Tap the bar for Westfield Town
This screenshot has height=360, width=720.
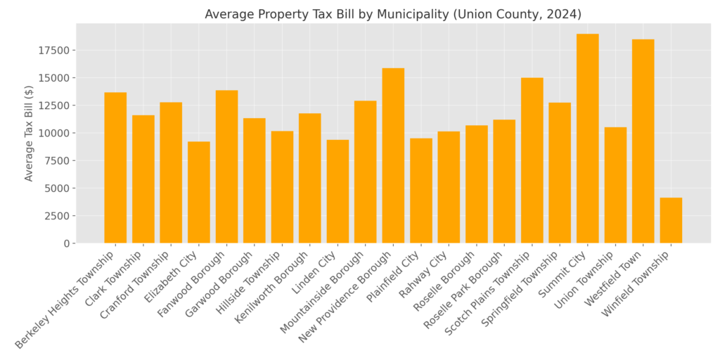pyautogui.click(x=643, y=141)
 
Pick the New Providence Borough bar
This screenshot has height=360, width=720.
pyautogui.click(x=393, y=155)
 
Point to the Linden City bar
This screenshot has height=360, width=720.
pyautogui.click(x=337, y=191)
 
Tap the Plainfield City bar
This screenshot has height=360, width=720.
pyautogui.click(x=420, y=191)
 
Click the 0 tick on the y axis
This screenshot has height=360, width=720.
pyautogui.click(x=67, y=243)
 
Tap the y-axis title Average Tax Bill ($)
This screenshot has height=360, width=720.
pyautogui.click(x=29, y=133)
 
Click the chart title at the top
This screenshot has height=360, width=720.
pyautogui.click(x=393, y=14)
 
